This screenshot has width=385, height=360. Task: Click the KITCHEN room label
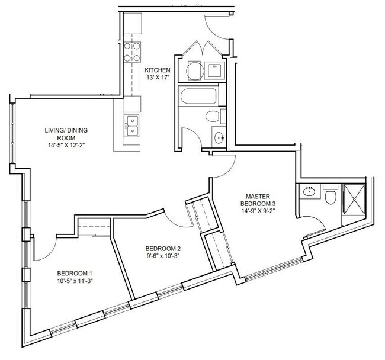point(157,70)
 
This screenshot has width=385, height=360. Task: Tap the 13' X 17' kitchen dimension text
point(158,78)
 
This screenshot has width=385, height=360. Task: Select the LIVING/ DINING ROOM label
point(66,134)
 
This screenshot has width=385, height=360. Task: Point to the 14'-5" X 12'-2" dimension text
point(66,145)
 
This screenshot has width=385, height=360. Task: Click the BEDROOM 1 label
point(75,273)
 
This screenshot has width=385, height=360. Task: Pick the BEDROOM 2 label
point(163,248)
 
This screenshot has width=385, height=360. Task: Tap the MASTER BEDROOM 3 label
point(258,200)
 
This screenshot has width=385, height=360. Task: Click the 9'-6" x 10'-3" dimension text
point(163,255)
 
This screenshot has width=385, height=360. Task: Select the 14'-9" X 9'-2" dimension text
point(258,211)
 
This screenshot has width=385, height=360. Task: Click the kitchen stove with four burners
point(132,52)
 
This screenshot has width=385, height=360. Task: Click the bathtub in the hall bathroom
point(198,96)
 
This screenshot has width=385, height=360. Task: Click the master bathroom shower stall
point(354,200)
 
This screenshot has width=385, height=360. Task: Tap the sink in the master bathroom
point(309,191)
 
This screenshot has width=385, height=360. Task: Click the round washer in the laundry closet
point(195,70)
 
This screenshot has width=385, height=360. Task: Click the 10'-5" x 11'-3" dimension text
point(75,281)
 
